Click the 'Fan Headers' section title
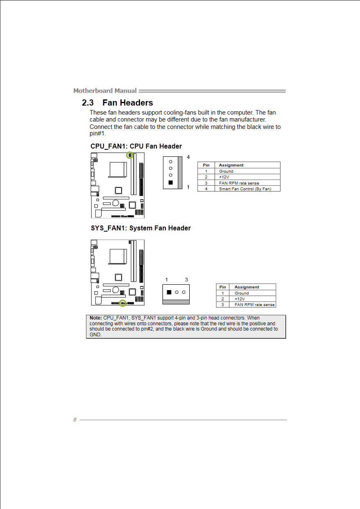[x=128, y=103]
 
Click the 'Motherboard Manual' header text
[x=105, y=90]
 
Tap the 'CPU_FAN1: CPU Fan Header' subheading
[x=136, y=146]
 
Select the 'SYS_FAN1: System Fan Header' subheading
[x=140, y=228]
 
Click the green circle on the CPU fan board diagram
[x=130, y=155]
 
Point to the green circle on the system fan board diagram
[x=122, y=303]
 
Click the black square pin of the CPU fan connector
[x=170, y=182]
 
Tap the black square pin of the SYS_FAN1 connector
[x=169, y=292]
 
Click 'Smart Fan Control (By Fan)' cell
[x=245, y=189]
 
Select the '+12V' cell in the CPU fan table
[x=224, y=177]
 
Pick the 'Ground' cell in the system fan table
[x=242, y=293]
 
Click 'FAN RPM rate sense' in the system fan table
[x=254, y=305]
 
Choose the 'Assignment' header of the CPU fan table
[x=231, y=165]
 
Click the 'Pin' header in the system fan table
[x=222, y=287]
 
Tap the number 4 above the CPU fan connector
[x=188, y=157]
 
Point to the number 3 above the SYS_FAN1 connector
[x=186, y=280]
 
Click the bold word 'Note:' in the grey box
[x=95, y=318]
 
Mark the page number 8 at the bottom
[x=75, y=420]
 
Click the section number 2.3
[x=88, y=103]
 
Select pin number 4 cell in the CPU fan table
[x=206, y=189]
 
